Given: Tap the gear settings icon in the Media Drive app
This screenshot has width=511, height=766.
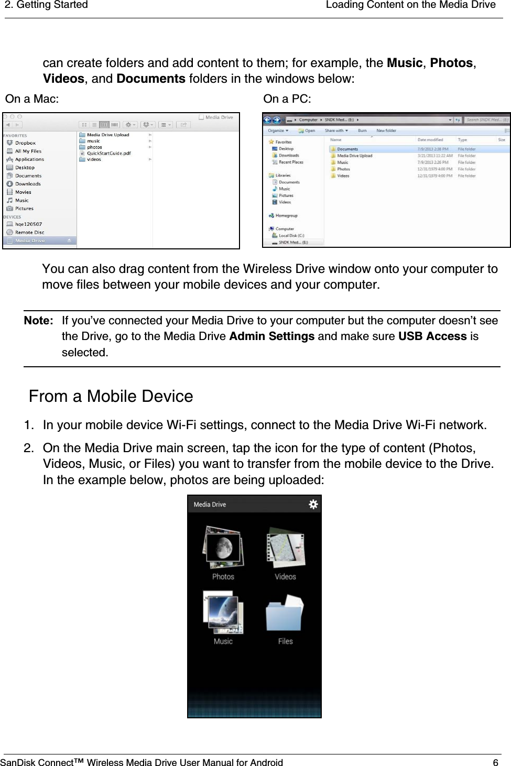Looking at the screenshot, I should (313, 504).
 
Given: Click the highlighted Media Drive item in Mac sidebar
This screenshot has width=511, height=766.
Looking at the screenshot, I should (30, 240).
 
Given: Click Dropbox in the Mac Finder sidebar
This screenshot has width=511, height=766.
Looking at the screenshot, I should (25, 143).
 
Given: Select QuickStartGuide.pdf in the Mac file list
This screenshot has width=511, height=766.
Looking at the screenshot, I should (108, 154).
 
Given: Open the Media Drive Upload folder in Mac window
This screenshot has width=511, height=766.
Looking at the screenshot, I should (107, 135).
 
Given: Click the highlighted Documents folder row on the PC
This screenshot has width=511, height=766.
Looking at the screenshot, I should (347, 149).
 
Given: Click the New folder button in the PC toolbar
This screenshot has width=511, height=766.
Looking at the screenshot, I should (386, 130).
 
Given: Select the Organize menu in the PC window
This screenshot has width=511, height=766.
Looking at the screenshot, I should (278, 130).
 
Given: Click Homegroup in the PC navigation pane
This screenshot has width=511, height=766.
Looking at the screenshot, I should (286, 215).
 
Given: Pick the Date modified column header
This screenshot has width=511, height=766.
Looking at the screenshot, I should (430, 140).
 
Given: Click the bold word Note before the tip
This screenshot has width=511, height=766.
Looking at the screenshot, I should (38, 321).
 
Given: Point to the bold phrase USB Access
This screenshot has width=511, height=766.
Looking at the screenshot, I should (432, 336).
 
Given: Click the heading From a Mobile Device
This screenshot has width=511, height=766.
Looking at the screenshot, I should (111, 396).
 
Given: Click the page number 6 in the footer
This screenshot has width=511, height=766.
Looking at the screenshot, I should (495, 762).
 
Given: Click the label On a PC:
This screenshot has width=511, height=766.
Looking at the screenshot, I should (287, 99).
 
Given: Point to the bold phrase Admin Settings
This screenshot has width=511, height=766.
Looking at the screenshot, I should (271, 336).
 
